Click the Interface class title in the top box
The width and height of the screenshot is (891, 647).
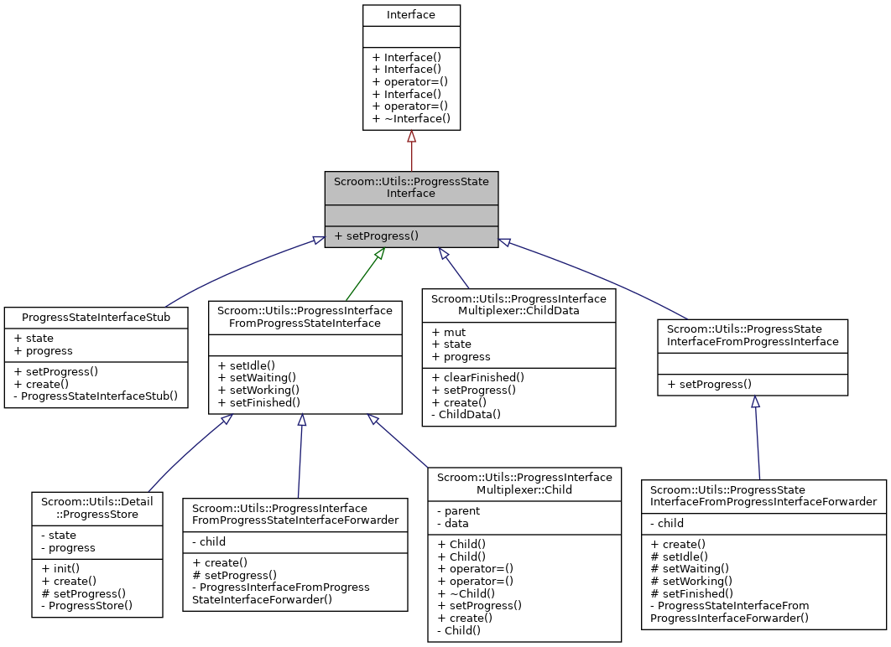click(411, 15)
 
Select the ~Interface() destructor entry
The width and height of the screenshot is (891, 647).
click(411, 119)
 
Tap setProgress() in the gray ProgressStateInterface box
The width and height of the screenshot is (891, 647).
click(376, 236)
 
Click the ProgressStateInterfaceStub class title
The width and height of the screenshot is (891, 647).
click(96, 318)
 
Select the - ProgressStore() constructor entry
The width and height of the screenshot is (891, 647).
click(86, 604)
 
